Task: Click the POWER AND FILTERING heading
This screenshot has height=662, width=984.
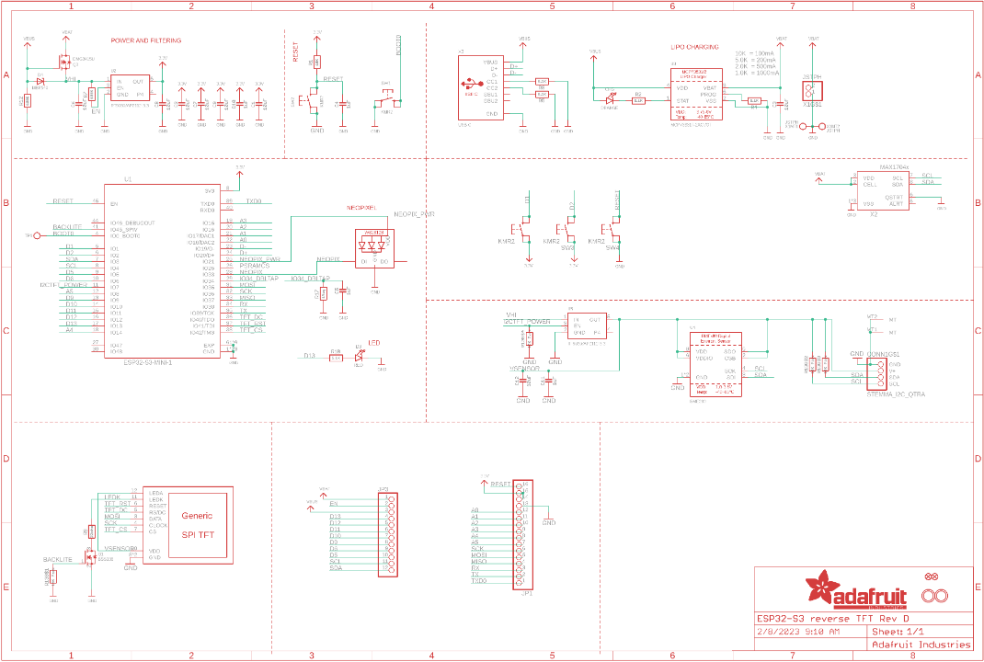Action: click(145, 40)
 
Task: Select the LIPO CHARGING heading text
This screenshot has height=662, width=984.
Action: click(694, 46)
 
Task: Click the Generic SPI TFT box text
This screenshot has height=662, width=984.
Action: click(197, 524)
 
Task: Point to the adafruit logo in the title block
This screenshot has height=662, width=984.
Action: click(856, 591)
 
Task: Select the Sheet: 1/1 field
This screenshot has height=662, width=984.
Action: click(898, 632)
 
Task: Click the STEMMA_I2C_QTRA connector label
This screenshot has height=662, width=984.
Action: click(896, 394)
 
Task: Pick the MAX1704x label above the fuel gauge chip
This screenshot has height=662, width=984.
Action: click(894, 167)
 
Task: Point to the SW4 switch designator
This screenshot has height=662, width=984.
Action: click(613, 247)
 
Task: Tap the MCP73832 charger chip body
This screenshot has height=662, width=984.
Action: click(694, 93)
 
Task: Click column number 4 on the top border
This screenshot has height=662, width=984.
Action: click(431, 6)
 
